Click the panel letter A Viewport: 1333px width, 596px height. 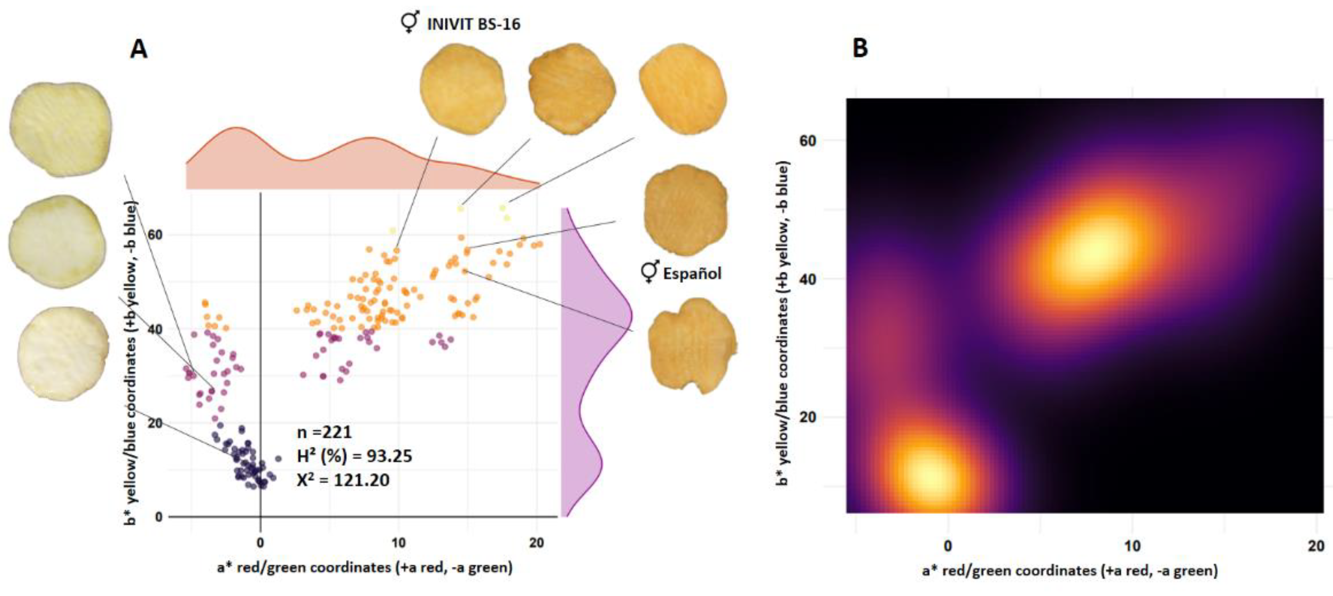138,50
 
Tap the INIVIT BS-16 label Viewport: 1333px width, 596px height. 472,24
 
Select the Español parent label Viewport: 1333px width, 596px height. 692,273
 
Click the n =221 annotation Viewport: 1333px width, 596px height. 325,432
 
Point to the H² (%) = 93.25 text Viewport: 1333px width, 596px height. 354,456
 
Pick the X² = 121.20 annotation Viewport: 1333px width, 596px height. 343,480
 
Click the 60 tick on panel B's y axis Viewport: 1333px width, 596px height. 807,141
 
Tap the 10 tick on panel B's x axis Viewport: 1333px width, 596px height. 1132,546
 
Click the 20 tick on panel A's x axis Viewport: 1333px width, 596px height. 537,543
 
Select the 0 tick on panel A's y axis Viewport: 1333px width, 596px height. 159,516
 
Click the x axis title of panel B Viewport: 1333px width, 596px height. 1069,571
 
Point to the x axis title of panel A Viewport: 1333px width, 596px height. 365,567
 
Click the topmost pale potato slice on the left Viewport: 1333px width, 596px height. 61,129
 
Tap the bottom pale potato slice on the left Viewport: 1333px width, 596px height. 63,354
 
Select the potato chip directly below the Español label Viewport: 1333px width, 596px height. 692,345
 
